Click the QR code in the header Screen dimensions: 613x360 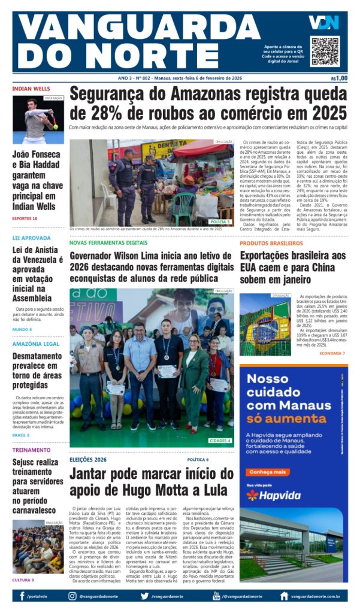(x=325, y=51)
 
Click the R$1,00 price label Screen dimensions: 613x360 (x=339, y=78)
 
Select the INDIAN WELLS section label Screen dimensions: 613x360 (x=31, y=89)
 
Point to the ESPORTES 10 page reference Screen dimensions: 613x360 (x=25, y=219)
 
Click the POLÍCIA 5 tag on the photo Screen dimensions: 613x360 (x=220, y=221)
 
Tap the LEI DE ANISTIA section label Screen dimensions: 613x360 (x=32, y=238)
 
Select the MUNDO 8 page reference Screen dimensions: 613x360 (x=22, y=329)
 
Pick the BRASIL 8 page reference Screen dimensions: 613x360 (x=21, y=435)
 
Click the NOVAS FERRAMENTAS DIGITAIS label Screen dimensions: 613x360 (x=108, y=243)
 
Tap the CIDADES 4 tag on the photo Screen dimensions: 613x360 (x=220, y=441)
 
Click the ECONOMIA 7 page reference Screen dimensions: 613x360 (x=332, y=353)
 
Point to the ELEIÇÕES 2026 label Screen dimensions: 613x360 (x=87, y=459)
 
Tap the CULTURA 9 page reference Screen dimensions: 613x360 (x=23, y=579)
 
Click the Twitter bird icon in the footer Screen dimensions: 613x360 (x=145, y=596)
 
